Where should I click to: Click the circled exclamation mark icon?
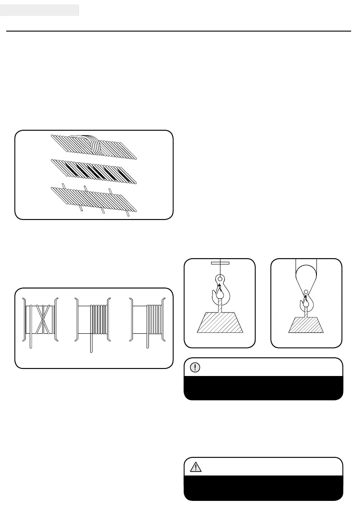pos(196,368)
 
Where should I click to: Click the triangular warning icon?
pos(196,467)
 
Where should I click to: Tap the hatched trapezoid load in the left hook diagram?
pos(220,322)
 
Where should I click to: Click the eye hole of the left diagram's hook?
pos(220,280)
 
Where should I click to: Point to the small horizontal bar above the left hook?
pos(220,263)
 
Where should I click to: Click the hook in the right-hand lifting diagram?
pos(307,302)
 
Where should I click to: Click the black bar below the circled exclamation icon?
pos(264,388)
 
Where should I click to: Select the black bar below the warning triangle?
pos(264,488)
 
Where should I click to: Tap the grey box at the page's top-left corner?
pos(40,10)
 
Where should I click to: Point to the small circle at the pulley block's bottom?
pos(306,292)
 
